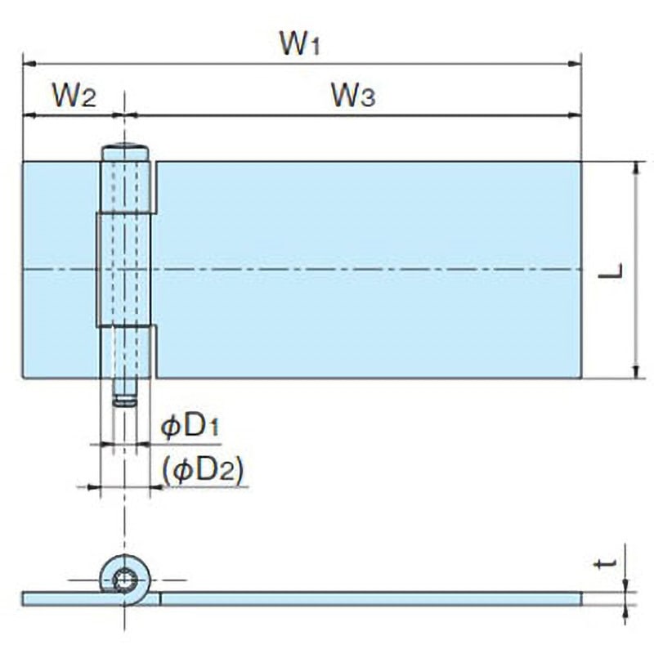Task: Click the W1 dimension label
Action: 300,43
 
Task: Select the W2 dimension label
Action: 74,95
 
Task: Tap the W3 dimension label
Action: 353,95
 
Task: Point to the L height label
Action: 611,271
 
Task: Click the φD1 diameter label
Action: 190,426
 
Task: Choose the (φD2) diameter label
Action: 203,472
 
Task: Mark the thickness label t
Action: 605,564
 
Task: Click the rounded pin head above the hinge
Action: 125,152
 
